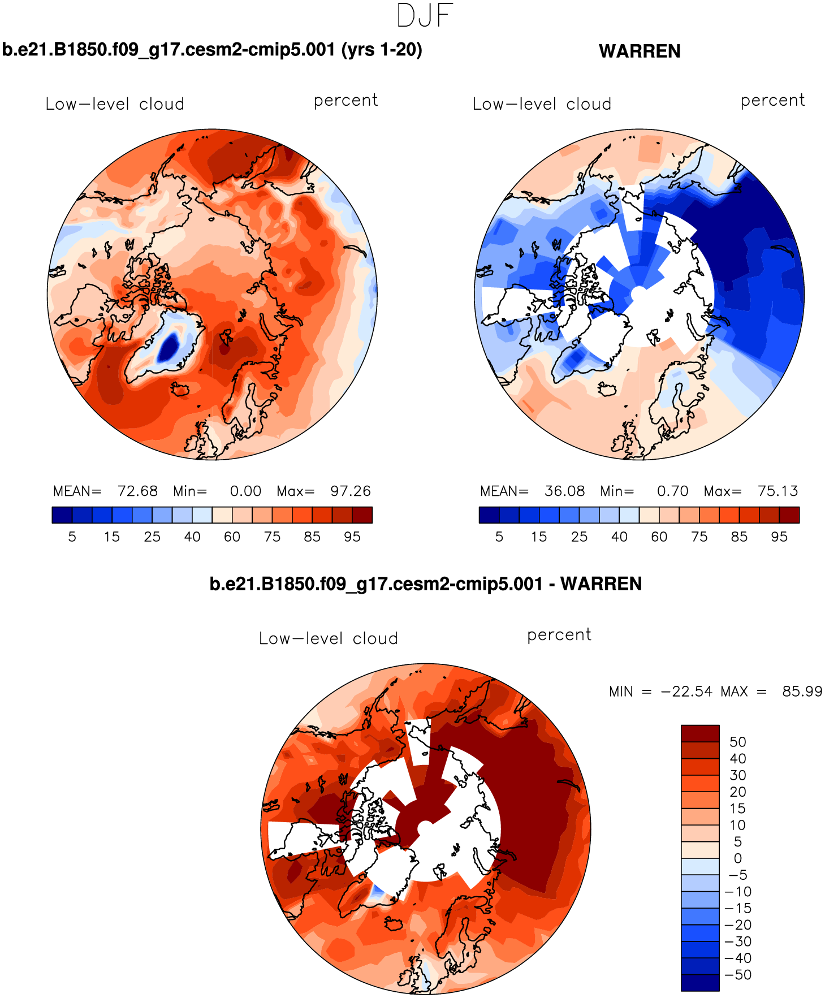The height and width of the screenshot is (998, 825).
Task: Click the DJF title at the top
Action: point(425,16)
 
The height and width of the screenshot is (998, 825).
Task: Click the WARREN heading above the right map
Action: point(639,51)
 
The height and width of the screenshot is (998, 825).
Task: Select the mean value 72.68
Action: point(137,491)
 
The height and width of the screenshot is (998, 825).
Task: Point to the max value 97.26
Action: point(351,491)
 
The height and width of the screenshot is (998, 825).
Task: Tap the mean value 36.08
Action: point(564,491)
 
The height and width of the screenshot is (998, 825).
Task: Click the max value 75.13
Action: point(778,491)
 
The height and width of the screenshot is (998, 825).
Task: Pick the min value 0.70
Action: point(672,491)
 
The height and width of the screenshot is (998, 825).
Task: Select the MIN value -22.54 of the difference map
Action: point(686,692)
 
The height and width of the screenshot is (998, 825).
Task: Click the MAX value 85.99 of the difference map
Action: point(802,692)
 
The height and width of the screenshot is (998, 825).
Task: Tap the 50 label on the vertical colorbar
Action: point(737,742)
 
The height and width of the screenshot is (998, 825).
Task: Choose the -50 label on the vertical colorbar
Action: point(738,975)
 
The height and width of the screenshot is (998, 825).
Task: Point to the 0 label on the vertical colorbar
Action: point(737,858)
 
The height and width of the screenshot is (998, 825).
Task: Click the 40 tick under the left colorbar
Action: point(192,537)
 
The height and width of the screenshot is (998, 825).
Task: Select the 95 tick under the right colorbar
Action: point(779,537)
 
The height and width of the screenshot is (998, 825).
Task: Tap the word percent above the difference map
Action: point(559,635)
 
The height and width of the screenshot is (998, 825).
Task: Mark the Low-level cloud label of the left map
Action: point(115,104)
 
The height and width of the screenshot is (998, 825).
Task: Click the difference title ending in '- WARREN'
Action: point(425,584)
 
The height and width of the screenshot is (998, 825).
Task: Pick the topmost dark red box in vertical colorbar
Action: point(700,733)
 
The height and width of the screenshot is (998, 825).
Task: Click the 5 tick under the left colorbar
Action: point(72,537)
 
